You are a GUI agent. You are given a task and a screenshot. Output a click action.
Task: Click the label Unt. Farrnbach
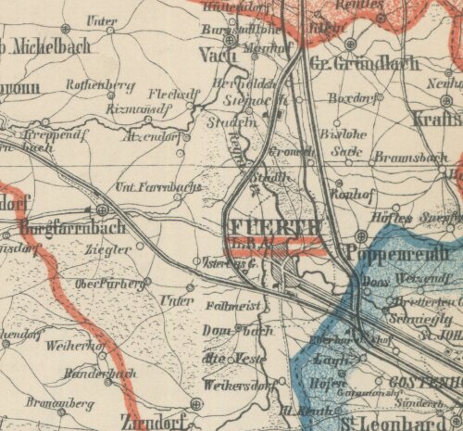pyautogui.click(x=157, y=188)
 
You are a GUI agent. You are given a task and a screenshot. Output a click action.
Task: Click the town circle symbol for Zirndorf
pyautogui.click(x=196, y=403)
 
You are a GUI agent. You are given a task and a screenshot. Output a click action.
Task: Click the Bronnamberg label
pyautogui.click(x=60, y=404)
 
